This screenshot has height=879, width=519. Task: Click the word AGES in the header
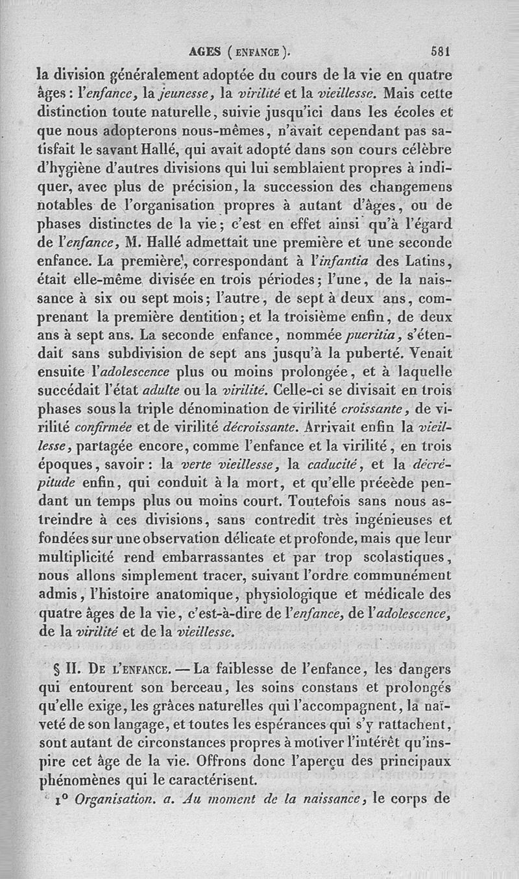(205, 54)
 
